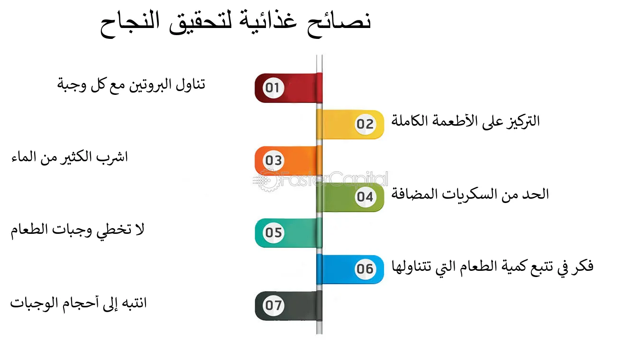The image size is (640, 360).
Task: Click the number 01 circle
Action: click(273, 88)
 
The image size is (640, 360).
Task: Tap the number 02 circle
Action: click(365, 124)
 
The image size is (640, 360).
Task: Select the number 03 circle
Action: click(273, 160)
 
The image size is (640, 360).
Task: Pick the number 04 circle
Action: click(365, 196)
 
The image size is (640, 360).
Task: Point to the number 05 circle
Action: click(273, 233)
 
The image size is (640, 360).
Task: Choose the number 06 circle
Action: click(365, 269)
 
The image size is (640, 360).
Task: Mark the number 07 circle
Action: click(273, 305)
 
